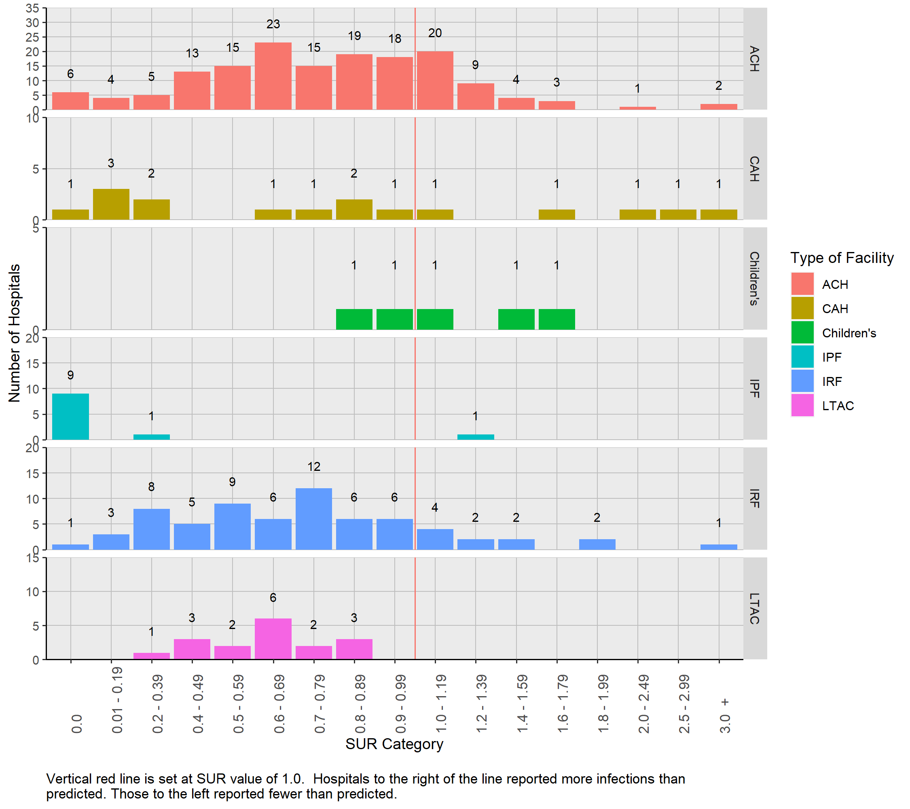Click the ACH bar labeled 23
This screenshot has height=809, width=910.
(x=273, y=76)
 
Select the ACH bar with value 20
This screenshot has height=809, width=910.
(x=435, y=80)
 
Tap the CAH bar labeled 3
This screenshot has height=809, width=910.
(x=111, y=204)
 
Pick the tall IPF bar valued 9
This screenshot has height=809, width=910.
(x=70, y=416)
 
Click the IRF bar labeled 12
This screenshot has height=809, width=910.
(x=313, y=519)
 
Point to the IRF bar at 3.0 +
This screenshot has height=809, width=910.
(x=719, y=547)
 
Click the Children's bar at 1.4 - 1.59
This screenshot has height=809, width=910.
(x=516, y=319)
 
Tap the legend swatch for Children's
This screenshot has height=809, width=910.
(x=802, y=332)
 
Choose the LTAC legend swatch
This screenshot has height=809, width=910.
(x=802, y=406)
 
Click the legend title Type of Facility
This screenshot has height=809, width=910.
(x=841, y=258)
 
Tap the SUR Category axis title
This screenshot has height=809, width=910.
(x=394, y=744)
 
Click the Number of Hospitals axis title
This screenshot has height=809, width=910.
(x=14, y=333)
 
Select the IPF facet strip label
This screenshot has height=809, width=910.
(x=755, y=388)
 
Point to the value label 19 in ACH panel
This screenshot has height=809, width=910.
(x=354, y=36)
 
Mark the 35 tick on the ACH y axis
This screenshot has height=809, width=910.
(x=32, y=8)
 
